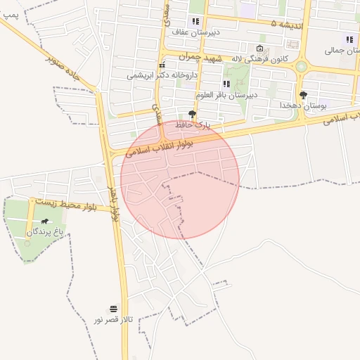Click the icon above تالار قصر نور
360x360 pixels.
pyautogui.click(x=113, y=309)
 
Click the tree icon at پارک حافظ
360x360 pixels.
pyautogui.click(x=193, y=113)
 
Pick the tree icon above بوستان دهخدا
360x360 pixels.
pyautogui.click(x=303, y=94)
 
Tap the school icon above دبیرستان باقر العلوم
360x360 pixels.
pyautogui.click(x=226, y=84)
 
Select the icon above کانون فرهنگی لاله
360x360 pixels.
pyautogui.click(x=259, y=49)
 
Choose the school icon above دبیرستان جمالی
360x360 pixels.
pyautogui.click(x=349, y=39)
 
